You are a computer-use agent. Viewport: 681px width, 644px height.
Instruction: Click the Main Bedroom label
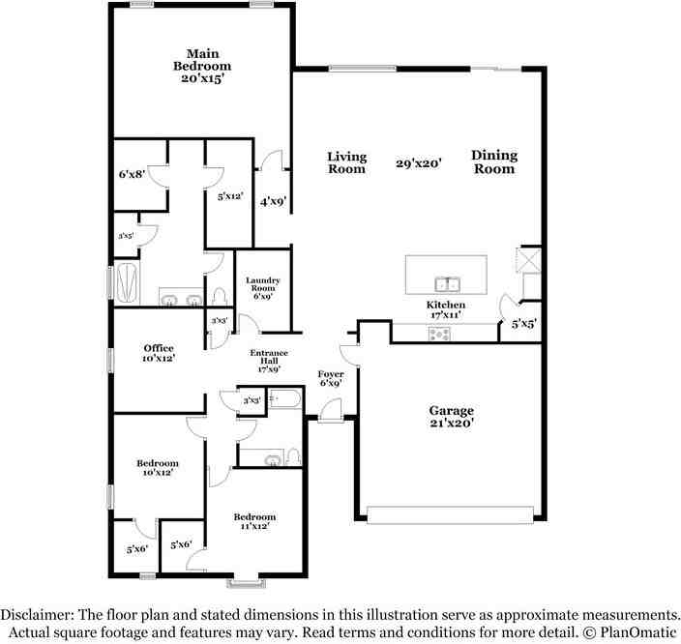coord(202,66)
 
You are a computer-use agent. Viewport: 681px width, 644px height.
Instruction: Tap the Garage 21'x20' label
coord(451,417)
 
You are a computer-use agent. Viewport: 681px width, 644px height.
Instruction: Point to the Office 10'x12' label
coord(159,353)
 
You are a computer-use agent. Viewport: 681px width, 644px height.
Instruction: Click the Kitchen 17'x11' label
coord(446,309)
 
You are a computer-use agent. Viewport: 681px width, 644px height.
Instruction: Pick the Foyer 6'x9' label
coord(331,378)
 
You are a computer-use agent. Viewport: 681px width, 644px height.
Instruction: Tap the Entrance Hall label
coord(269,361)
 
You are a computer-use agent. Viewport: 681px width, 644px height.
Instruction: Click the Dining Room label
coord(494,162)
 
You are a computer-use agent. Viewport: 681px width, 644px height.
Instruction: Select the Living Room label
coord(346,162)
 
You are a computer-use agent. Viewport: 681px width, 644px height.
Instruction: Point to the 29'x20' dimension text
coord(419,163)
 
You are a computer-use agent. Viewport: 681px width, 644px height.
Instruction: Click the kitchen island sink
coord(446,284)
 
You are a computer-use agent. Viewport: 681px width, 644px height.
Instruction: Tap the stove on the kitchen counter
coord(439,334)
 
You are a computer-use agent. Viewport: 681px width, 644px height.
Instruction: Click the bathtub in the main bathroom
coord(127,283)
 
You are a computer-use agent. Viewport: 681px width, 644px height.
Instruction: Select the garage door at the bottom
coord(450,514)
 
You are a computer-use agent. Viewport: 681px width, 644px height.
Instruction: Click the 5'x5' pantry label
coord(523,324)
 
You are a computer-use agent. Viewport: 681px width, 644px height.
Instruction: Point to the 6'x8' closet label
coord(132,174)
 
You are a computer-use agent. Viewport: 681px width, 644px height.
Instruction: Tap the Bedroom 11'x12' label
coord(254,521)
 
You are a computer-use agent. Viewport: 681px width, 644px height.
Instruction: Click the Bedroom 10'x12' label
coord(158,468)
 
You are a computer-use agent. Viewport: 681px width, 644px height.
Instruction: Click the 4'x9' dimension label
coord(273,202)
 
